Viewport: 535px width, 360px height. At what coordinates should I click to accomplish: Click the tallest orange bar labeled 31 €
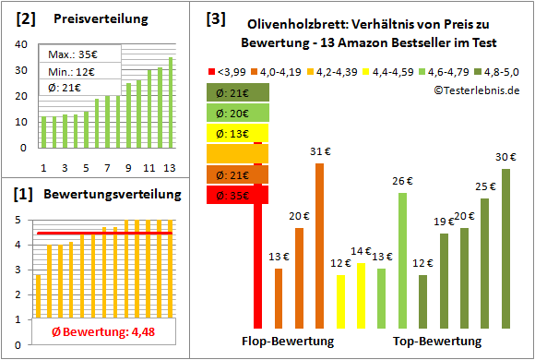tap(319, 246)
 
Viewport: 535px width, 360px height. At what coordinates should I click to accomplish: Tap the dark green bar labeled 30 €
tap(505, 248)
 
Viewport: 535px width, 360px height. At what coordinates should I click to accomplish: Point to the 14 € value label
tap(361, 251)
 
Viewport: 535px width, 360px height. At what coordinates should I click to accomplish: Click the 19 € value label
tap(444, 222)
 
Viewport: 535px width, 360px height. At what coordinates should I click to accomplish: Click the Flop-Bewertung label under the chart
tap(294, 341)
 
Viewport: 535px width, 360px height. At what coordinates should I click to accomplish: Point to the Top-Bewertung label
tap(437, 341)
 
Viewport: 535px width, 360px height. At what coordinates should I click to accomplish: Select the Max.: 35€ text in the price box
tap(64, 53)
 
